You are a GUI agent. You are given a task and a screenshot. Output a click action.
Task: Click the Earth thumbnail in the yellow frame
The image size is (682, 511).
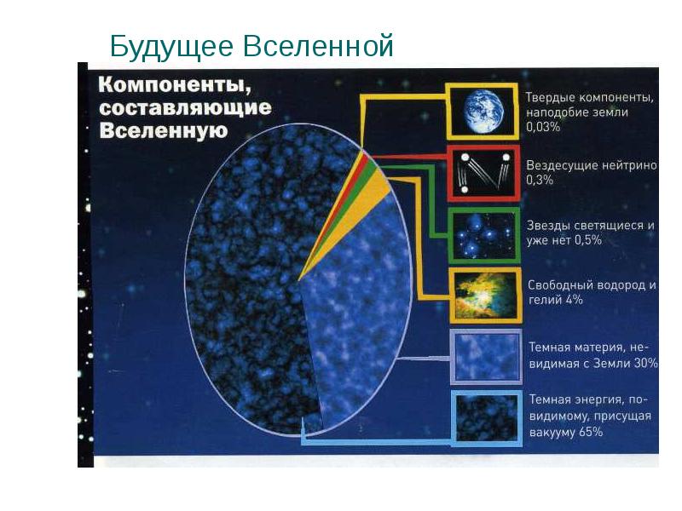[x=483, y=111]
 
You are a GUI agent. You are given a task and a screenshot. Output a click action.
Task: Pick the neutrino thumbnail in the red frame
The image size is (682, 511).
[x=483, y=172]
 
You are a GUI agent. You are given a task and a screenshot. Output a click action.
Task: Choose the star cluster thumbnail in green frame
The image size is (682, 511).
[x=483, y=233]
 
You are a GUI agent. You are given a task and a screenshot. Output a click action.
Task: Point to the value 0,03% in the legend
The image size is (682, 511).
[x=543, y=128]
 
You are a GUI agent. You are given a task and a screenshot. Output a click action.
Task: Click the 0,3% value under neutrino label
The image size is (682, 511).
[x=540, y=181]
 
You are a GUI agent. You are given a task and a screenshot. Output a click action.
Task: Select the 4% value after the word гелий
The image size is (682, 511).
[x=572, y=301]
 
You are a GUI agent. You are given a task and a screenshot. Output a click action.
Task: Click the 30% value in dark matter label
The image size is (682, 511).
[x=644, y=364]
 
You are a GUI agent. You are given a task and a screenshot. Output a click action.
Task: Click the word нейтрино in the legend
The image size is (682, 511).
[x=629, y=165]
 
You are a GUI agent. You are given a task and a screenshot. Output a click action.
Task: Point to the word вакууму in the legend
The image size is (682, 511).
[x=552, y=432]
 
